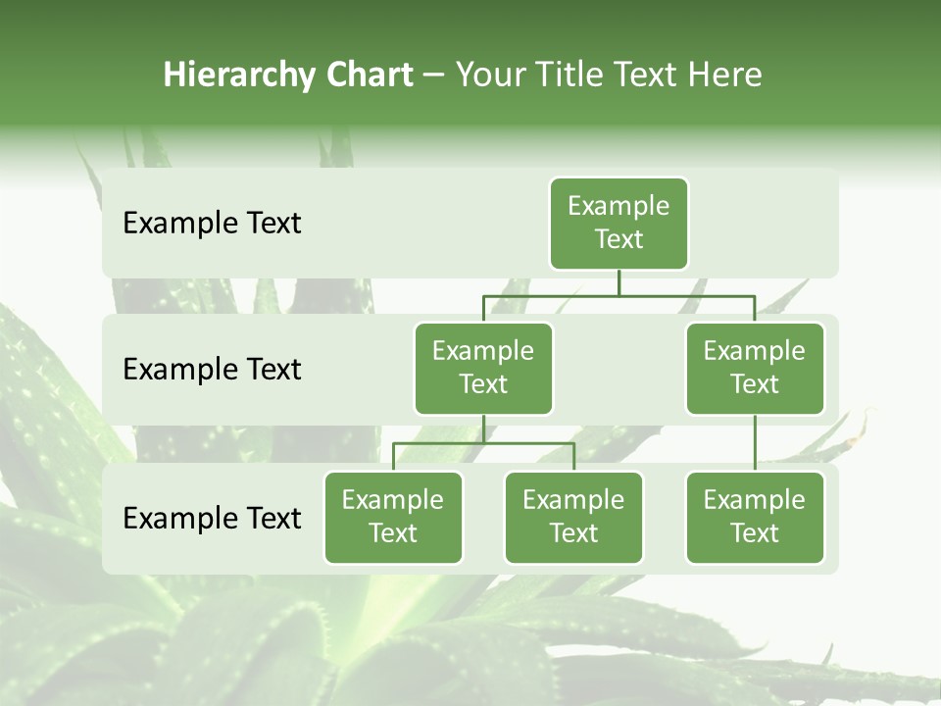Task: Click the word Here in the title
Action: pos(724,75)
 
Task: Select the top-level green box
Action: pos(619,224)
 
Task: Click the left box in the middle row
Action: pos(483,369)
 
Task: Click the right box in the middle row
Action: pos(755,369)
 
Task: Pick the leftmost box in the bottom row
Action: pos(393,518)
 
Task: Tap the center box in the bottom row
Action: pos(573,518)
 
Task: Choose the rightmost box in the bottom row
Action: pos(755,518)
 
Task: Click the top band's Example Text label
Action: pos(212,224)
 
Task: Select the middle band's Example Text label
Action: pos(212,370)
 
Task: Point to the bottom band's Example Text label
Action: pos(212,518)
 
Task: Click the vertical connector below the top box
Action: pos(619,282)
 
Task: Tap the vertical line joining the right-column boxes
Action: pos(755,443)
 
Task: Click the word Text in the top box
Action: pos(619,239)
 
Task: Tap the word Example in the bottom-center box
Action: pos(573,500)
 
